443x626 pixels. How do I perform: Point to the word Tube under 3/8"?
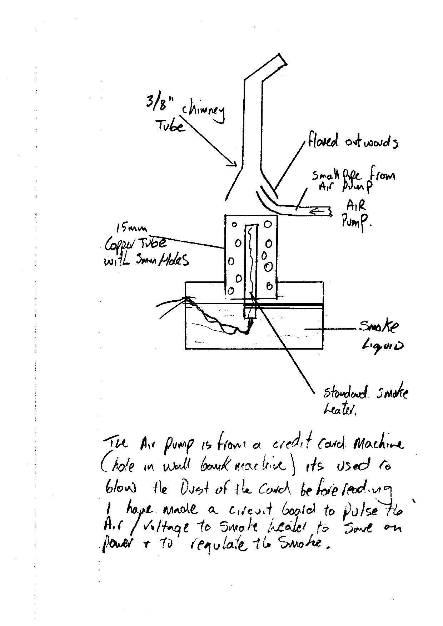(170, 125)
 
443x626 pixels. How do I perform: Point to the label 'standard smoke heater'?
(364, 400)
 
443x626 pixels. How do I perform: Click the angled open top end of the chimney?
(282, 60)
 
